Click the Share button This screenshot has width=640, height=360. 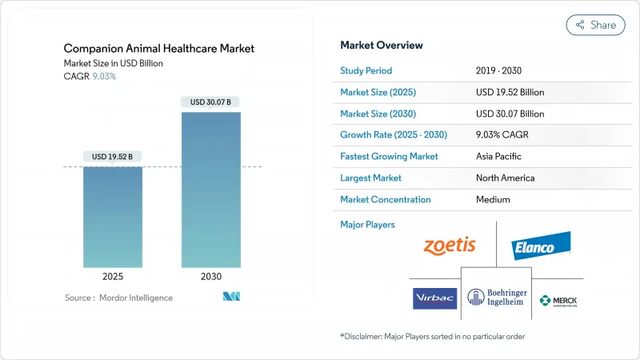point(595,25)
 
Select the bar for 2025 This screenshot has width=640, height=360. point(113,216)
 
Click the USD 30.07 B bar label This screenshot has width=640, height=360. point(210,102)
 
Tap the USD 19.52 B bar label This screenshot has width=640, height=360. point(113,156)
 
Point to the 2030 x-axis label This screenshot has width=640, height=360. point(210,276)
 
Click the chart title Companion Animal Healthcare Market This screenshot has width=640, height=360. point(158,49)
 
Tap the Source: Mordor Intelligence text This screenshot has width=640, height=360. point(118,298)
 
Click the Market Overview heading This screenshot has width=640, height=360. point(382,46)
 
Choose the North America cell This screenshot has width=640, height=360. point(505,178)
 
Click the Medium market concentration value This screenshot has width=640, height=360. point(493,200)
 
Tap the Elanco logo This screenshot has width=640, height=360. point(542,246)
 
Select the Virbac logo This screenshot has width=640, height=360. point(434,298)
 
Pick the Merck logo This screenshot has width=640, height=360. point(558,301)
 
